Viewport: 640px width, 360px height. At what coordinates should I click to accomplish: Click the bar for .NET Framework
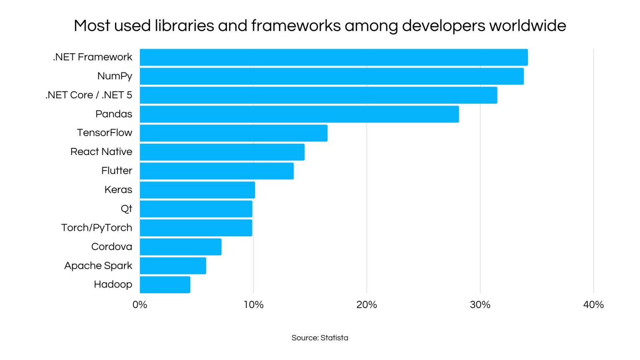click(x=333, y=57)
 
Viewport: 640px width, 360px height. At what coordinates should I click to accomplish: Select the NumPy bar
click(x=332, y=76)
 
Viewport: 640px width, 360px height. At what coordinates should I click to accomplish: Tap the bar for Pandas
click(x=299, y=114)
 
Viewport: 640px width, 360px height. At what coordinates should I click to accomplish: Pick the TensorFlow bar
click(x=233, y=133)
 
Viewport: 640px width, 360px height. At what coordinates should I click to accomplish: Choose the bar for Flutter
click(x=217, y=171)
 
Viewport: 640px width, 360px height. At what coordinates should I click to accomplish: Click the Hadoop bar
click(x=165, y=285)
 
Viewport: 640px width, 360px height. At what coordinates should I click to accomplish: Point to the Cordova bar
click(x=180, y=247)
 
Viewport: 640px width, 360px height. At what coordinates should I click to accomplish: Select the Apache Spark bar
click(x=173, y=266)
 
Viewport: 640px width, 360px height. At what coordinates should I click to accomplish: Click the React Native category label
click(x=101, y=152)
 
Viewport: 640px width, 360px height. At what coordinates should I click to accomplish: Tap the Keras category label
click(x=118, y=190)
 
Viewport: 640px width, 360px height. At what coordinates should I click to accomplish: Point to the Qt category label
click(x=126, y=208)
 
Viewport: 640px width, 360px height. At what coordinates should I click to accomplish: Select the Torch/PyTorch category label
click(x=97, y=227)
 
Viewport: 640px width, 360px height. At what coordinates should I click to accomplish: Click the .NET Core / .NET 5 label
click(x=89, y=95)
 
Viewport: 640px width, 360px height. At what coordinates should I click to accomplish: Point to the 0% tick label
click(x=140, y=305)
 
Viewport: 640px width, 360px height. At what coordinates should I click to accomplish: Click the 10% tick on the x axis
click(x=253, y=305)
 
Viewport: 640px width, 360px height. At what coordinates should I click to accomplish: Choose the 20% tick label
click(x=367, y=305)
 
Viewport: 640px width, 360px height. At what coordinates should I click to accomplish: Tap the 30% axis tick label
click(x=480, y=305)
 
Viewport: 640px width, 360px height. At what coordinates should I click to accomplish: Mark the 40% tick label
click(x=593, y=305)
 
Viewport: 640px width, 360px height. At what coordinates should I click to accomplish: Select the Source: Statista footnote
click(x=320, y=338)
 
